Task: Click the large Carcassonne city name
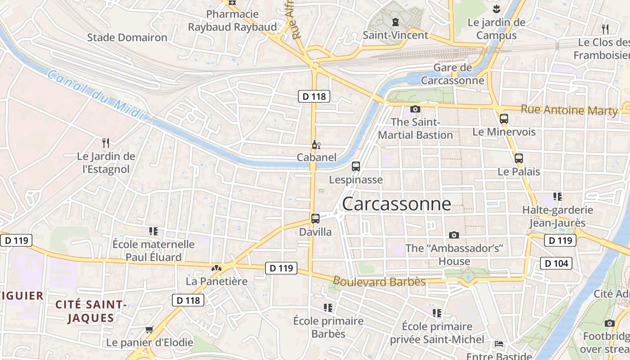pos(396,204)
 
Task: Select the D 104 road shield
pos(556,263)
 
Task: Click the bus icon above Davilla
pos(315,219)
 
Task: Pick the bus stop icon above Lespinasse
pos(356,166)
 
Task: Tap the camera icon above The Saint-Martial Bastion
pos(415,109)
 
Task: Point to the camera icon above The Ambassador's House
pos(454,235)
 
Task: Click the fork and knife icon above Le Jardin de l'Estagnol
pos(106,143)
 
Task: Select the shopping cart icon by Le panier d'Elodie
pos(149,329)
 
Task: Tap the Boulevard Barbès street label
pos(379,282)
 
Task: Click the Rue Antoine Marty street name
pos(569,110)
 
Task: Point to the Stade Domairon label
pos(127,37)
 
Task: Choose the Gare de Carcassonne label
pos(452,74)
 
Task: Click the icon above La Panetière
pos(216,268)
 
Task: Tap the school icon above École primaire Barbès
pos(328,308)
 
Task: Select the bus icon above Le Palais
pos(519,158)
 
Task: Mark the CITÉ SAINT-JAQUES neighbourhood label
pos(91,311)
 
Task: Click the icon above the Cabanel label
pos(316,144)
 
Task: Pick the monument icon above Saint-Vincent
pos(396,22)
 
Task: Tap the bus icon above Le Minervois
pos(504,119)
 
